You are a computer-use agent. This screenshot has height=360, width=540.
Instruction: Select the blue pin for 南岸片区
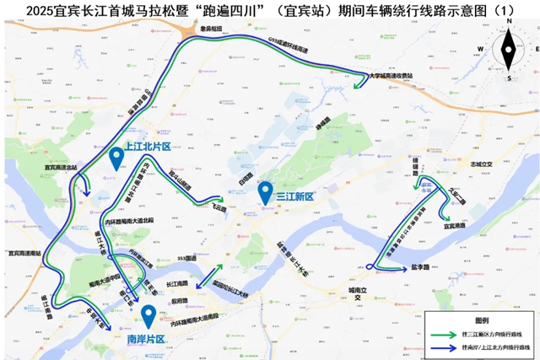click(x=148, y=315)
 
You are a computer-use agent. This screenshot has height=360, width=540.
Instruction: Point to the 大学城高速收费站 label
click(x=396, y=76)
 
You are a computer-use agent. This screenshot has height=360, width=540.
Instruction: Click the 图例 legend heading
click(x=482, y=322)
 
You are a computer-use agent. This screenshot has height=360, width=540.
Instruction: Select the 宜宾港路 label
click(x=455, y=225)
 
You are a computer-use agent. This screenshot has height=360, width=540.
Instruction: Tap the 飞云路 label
click(x=219, y=205)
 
